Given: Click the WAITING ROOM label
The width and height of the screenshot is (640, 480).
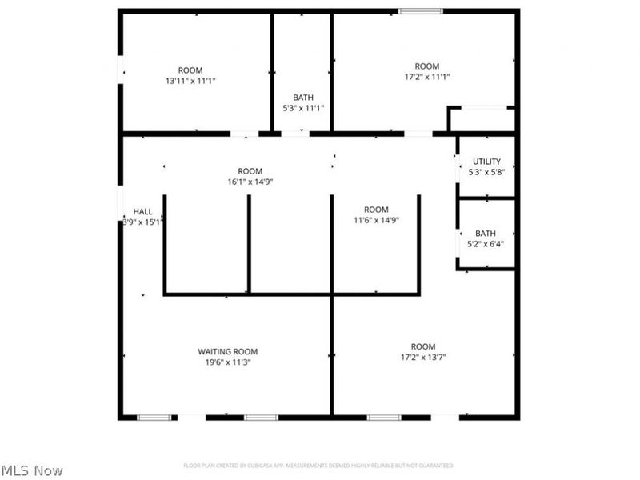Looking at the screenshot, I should click(x=228, y=351).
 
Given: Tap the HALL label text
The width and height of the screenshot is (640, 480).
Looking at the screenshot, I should click(x=142, y=211).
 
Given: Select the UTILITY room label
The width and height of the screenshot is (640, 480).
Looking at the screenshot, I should click(x=486, y=162).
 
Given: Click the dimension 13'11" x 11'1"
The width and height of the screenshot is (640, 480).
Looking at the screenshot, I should click(x=190, y=81).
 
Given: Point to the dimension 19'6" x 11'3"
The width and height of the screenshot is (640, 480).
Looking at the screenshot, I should click(x=228, y=362).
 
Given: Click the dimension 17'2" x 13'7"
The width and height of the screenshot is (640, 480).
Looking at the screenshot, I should click(x=423, y=358).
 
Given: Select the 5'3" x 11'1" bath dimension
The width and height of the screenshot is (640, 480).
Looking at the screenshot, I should click(x=303, y=107).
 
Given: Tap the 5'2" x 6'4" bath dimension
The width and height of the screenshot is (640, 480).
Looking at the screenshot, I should click(x=486, y=245).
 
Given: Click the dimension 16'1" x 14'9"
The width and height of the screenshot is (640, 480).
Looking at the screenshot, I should click(x=250, y=182).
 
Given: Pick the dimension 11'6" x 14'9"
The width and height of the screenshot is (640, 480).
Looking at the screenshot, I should click(x=376, y=220).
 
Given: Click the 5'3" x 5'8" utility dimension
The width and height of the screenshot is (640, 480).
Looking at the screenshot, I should click(x=486, y=171).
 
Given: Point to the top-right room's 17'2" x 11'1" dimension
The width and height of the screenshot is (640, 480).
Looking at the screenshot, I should click(x=426, y=77).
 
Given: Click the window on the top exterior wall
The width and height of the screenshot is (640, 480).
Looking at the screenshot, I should click(x=421, y=11).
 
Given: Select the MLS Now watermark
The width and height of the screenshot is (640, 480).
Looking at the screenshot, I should click(x=32, y=470).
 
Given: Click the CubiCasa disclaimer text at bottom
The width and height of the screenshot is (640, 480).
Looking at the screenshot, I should click(x=318, y=465).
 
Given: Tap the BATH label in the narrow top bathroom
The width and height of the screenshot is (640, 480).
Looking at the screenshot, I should click(x=303, y=97).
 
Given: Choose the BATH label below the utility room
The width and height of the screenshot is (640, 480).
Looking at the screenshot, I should click(x=486, y=234).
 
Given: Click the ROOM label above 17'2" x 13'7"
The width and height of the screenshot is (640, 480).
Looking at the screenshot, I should click(x=423, y=346).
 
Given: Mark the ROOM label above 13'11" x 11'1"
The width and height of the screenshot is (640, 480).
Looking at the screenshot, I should click(x=190, y=70).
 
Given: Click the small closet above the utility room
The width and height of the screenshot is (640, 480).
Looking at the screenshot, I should click(x=481, y=119).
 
